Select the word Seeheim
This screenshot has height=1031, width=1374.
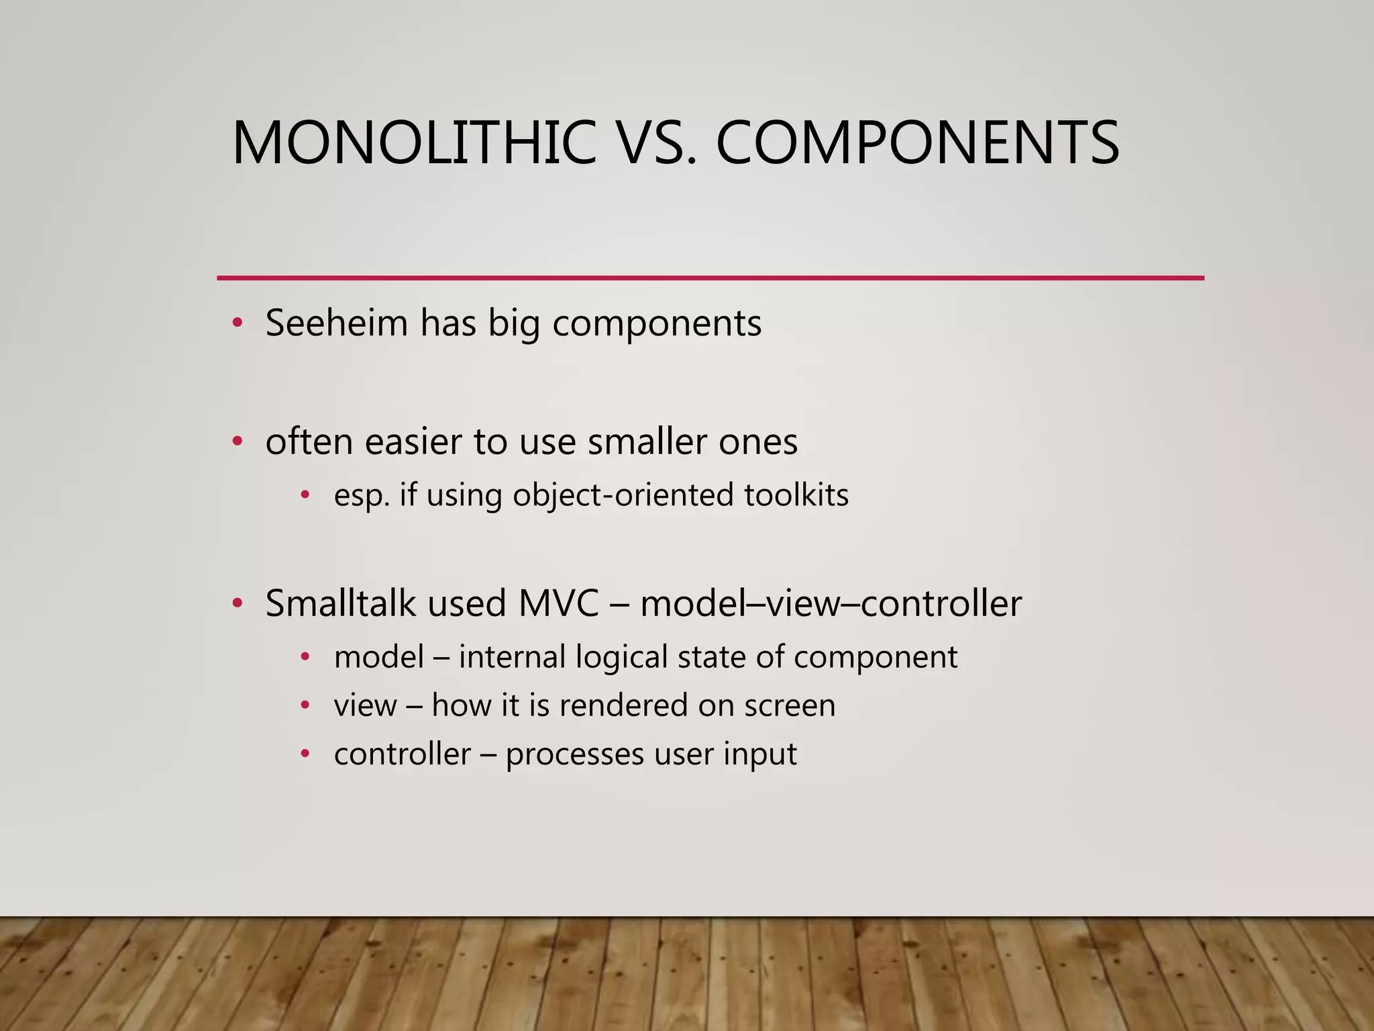[337, 323]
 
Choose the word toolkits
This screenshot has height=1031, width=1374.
[796, 495]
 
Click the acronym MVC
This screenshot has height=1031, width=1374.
[558, 603]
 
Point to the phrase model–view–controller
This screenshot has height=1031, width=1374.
[831, 603]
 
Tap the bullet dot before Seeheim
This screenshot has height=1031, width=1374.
[237, 324]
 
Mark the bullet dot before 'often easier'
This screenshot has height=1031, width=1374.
[237, 442]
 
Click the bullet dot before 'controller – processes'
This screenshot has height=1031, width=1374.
[305, 754]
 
